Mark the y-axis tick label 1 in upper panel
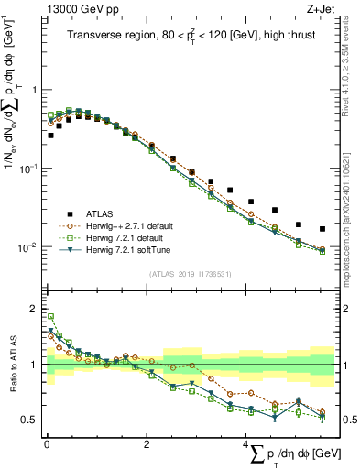36,90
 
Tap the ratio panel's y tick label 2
36,308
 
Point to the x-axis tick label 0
47,445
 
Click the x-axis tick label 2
147,445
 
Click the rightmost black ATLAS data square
322,229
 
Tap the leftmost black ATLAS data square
50,136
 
